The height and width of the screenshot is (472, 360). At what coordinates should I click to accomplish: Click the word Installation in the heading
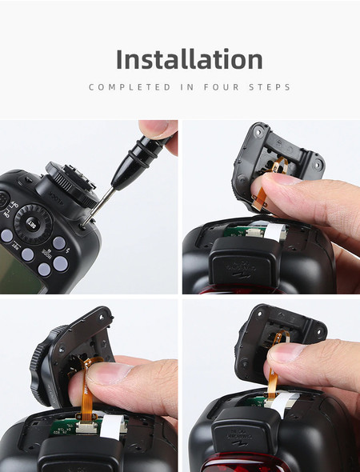[x=189, y=59]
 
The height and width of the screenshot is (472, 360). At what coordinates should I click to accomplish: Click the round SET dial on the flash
[x=33, y=219]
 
